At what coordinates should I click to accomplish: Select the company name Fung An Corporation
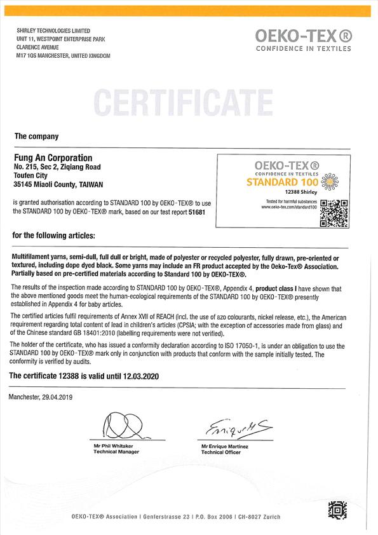point(53,158)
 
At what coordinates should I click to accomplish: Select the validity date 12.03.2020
point(137,376)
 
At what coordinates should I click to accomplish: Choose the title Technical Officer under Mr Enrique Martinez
point(220,453)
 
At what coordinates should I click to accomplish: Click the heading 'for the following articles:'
point(54,235)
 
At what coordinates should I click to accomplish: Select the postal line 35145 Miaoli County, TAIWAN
point(55,185)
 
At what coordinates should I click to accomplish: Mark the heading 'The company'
point(36,136)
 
